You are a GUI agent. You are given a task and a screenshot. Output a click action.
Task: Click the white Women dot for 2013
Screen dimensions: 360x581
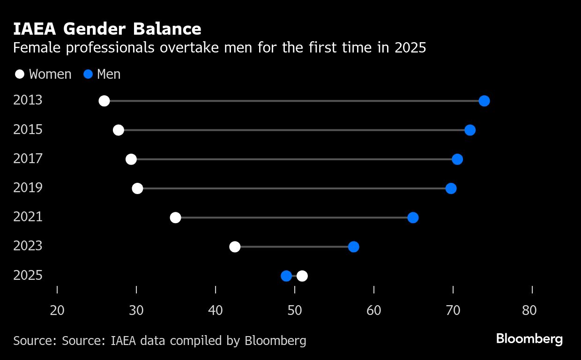tap(104, 101)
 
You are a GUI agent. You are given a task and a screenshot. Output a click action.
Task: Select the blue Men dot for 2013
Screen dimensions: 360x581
tap(484, 101)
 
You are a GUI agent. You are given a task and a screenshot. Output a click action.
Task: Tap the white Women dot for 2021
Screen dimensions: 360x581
tap(175, 217)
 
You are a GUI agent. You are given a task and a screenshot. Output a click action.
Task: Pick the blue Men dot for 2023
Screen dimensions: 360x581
tap(354, 247)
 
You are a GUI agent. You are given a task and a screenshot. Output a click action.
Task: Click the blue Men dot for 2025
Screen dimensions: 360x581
tap(286, 276)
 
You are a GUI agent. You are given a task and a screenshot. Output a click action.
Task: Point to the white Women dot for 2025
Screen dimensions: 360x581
tap(302, 276)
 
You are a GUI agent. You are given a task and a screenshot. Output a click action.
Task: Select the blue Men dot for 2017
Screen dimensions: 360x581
tap(457, 159)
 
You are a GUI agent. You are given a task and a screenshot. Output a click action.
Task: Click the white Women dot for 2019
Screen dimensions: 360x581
tap(137, 188)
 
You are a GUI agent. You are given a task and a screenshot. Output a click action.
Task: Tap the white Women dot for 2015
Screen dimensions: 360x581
tap(119, 130)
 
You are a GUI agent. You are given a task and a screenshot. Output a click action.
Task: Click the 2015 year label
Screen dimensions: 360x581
tap(28, 130)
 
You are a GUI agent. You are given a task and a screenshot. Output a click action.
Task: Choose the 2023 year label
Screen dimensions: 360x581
tap(28, 246)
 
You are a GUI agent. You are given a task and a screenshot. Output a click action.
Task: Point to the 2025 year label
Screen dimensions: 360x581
tap(28, 275)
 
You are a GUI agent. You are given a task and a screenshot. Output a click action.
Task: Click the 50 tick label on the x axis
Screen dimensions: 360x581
tap(294, 310)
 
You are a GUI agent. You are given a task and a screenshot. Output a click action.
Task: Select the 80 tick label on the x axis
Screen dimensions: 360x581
tap(532, 310)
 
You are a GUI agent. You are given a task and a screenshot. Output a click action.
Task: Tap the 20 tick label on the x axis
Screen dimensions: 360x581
tap(57, 310)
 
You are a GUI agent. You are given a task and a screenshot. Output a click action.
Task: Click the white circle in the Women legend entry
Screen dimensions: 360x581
tap(20, 74)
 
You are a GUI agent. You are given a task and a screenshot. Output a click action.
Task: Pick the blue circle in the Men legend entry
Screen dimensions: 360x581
tap(88, 74)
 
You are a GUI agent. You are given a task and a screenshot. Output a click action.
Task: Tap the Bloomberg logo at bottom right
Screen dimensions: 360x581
tap(529, 339)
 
